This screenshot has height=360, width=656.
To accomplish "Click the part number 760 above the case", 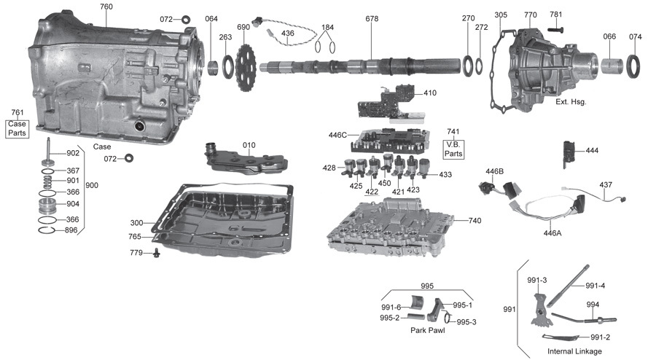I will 106,7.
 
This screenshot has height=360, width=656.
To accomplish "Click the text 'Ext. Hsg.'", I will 571,102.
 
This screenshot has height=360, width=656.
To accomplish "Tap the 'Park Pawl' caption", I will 427,330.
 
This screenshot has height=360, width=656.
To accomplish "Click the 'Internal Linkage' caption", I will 574,351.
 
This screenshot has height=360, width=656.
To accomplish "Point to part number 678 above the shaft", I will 372,18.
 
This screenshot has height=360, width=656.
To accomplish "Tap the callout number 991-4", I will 595,286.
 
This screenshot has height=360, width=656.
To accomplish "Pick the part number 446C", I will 338,135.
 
